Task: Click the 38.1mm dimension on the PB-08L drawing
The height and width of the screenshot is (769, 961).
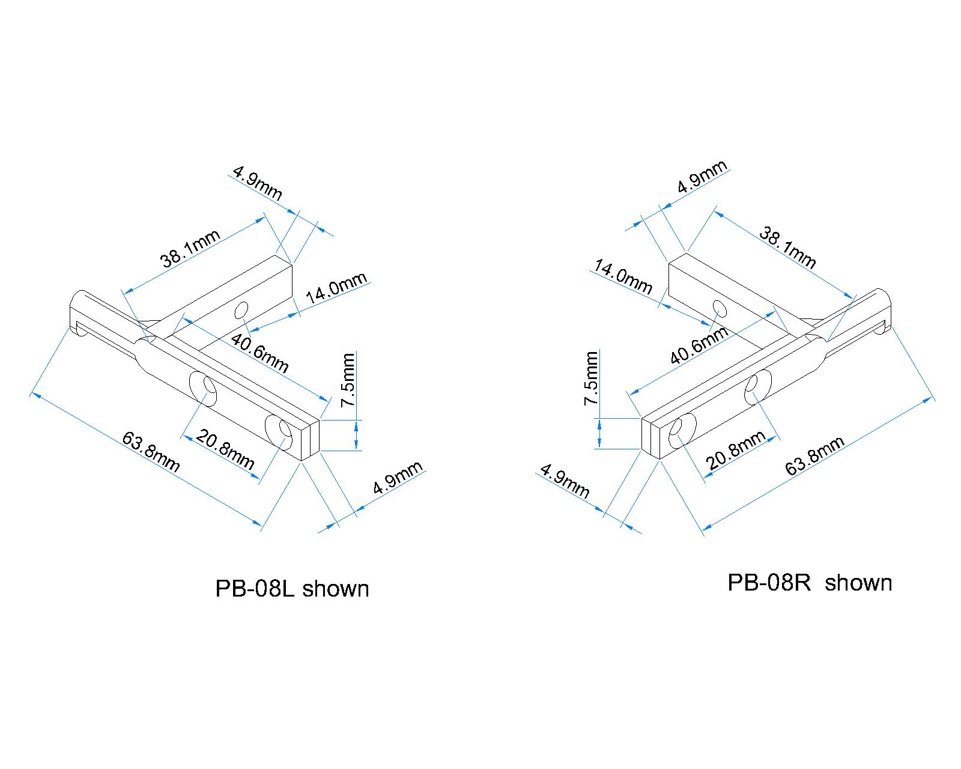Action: (190, 248)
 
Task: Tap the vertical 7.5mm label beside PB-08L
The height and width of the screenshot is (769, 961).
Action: (348, 380)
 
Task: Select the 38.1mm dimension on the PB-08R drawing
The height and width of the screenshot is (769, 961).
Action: (787, 247)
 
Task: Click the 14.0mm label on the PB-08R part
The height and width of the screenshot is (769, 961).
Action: (623, 276)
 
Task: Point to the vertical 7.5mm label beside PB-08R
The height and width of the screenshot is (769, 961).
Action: (592, 378)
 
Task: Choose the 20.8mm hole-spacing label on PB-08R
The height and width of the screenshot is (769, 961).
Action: (736, 450)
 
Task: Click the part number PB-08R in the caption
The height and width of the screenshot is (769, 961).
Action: (769, 583)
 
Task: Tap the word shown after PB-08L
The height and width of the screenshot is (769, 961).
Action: (336, 589)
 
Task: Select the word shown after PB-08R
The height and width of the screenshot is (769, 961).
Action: (858, 583)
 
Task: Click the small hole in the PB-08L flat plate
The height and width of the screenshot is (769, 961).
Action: (241, 310)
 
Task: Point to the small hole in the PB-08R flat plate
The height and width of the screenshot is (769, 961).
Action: (720, 308)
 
